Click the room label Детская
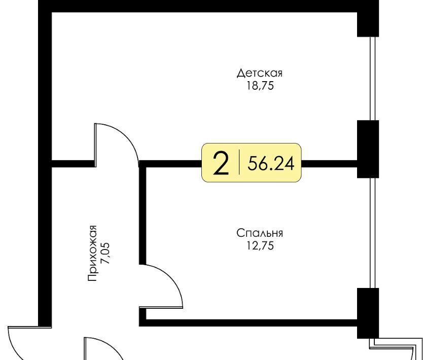coord(260,73)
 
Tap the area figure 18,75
coord(260,86)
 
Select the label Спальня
coord(260,233)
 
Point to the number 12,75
coord(260,246)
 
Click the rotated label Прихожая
coord(92,253)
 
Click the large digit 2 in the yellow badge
coord(221,163)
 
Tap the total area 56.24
coord(271,163)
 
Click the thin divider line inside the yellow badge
coord(239,163)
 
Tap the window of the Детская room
coord(373,79)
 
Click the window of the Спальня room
coord(373,233)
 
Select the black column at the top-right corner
coord(368,18)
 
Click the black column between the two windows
coord(368,149)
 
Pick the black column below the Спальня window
coord(368,313)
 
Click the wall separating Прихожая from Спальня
coord(143,215)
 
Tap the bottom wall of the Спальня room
coord(248,323)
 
